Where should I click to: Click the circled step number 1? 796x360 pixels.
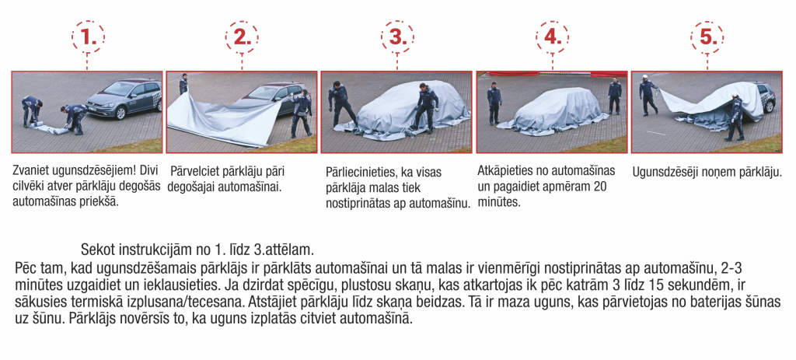point(88,37)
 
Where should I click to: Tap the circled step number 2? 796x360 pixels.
point(242,37)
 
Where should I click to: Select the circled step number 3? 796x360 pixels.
point(396,37)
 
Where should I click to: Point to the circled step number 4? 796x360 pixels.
point(551,37)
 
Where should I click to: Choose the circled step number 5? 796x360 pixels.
point(706,37)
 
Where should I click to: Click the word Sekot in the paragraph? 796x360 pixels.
point(99,250)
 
